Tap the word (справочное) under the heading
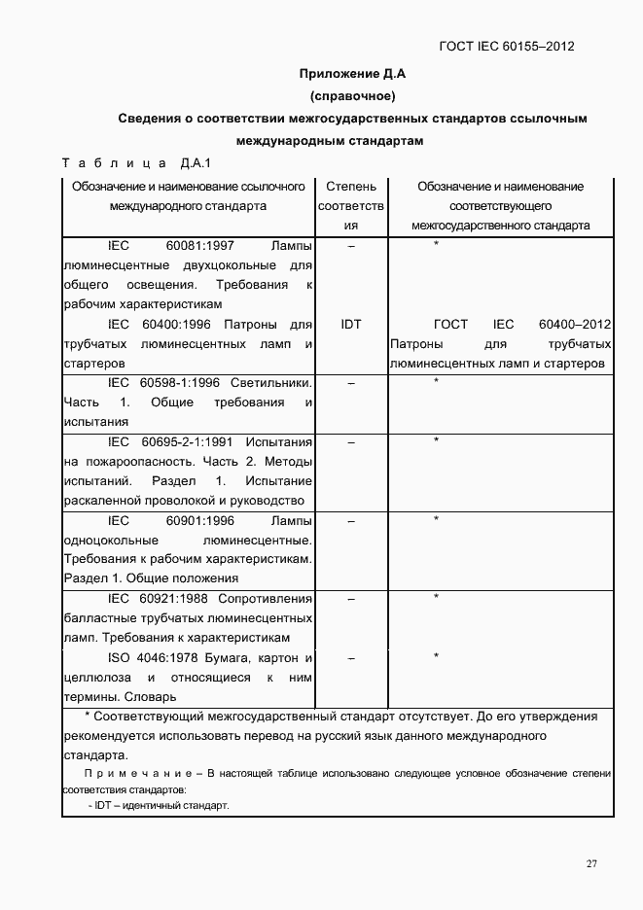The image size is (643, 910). coord(351,95)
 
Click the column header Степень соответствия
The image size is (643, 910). coord(351,205)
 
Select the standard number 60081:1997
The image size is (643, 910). coord(199,245)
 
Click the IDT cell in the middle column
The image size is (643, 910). coord(351,324)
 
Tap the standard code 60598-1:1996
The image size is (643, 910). coord(180,382)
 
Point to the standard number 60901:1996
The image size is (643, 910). coord(199,520)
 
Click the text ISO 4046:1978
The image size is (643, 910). coord(151,658)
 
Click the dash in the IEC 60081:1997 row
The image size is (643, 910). coord(351,246)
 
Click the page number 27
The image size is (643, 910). coord(591,863)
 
